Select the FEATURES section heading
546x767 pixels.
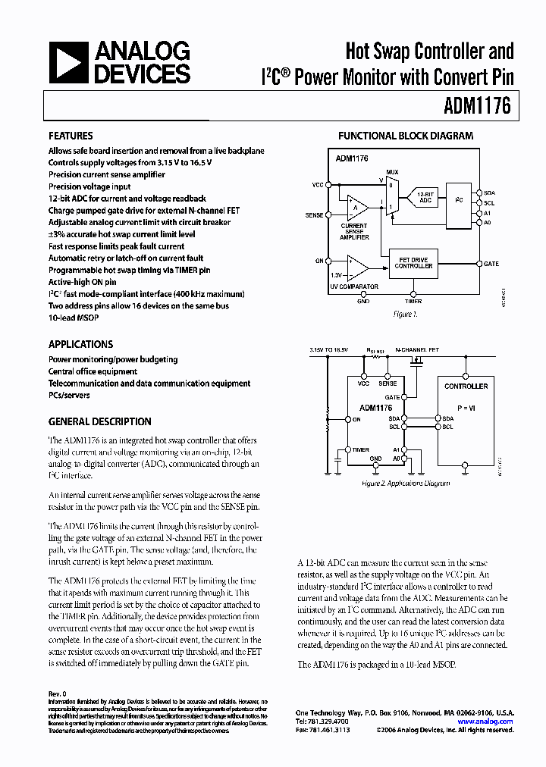pos(71,136)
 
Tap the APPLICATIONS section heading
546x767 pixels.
pos(80,344)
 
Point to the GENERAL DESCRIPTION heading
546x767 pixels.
pos(99,421)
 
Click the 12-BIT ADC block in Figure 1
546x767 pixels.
pos(425,197)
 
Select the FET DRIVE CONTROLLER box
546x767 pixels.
pos(414,263)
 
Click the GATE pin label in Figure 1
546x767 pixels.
pos(491,264)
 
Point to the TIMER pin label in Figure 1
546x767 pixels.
pos(413,301)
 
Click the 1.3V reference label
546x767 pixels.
pos(337,276)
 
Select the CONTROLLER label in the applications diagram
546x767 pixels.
pos(466,386)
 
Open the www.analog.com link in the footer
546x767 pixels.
pos(485,722)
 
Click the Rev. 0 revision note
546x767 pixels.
pos(58,693)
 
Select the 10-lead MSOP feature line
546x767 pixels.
pos(74,318)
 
